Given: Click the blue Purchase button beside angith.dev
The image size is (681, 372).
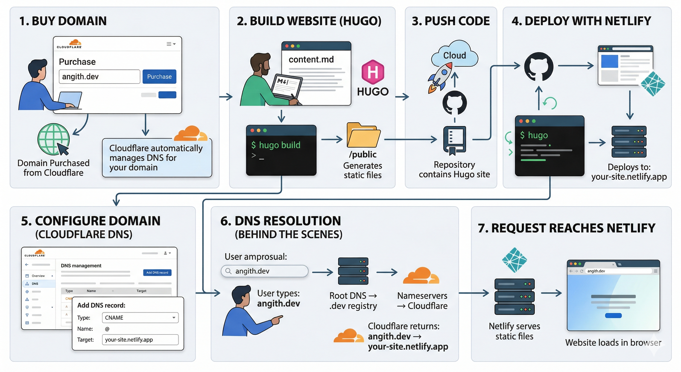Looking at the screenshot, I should click(159, 77).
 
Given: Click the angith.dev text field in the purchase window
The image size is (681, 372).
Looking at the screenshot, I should click(99, 77).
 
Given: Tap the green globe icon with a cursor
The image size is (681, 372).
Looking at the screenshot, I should click(54, 139).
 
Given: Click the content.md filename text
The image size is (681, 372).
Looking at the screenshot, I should click(311, 60).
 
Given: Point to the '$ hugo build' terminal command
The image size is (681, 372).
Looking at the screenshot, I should click(276, 145).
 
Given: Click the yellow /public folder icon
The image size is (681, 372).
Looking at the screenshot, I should click(363, 135).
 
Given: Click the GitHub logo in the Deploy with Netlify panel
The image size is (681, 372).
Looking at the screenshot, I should click(539, 66).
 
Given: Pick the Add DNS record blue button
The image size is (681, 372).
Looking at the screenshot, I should click(157, 272).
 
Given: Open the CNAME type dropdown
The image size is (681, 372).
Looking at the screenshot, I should click(140, 318).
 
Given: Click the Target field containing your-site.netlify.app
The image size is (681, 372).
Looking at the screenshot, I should click(140, 340).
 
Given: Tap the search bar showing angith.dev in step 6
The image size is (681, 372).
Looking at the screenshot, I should click(264, 271).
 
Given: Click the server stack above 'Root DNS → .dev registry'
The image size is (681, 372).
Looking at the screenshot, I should click(353, 271).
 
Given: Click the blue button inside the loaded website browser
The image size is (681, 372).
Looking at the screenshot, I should click(613, 315).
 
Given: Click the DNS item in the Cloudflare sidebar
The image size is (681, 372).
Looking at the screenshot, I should click(35, 284).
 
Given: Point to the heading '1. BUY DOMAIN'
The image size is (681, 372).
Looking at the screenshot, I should click(63, 21).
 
